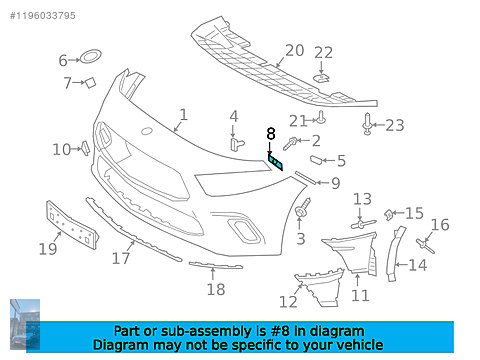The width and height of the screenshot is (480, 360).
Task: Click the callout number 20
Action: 294,50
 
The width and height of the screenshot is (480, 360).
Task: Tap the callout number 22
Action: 324,53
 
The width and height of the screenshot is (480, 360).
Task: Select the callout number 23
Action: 395,125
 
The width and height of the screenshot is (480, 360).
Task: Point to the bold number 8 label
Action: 270,133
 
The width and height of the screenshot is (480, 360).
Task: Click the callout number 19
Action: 48,248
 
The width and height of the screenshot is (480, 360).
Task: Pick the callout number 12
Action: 288,301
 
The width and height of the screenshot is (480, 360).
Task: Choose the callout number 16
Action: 440,225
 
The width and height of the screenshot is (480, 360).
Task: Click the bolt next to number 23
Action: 368,124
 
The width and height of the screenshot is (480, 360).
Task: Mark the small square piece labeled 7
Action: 88,83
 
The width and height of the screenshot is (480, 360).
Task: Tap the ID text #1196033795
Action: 41,15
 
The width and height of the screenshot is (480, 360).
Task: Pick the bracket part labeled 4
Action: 236,141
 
